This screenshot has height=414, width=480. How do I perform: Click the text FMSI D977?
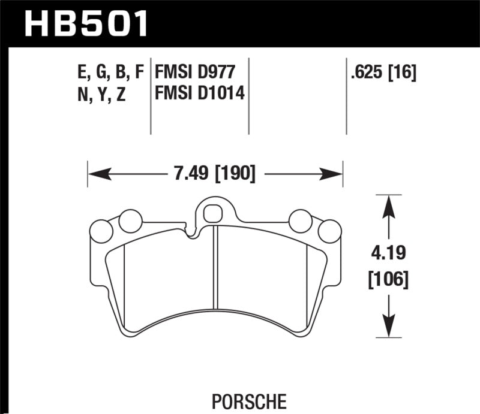(193, 73)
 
